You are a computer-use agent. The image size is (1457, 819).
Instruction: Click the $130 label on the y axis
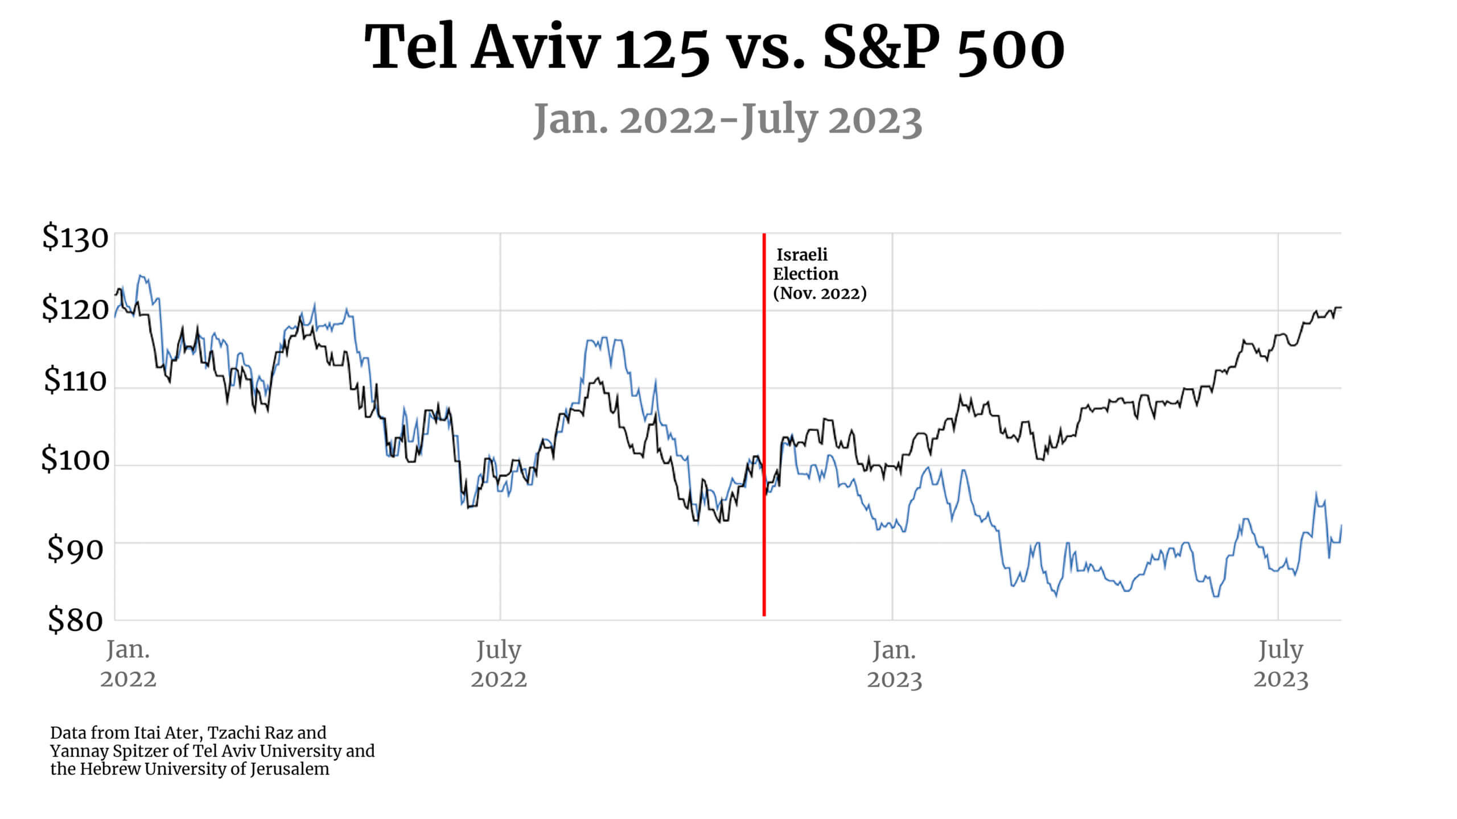pos(75,238)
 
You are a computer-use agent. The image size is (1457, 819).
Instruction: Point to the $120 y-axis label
pos(75,309)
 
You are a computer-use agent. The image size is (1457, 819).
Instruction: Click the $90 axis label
pos(75,549)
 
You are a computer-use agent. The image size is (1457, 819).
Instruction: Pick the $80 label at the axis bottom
pos(75,620)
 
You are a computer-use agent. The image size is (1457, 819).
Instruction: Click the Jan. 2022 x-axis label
pos(128,664)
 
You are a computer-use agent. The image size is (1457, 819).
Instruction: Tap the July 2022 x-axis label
pos(499,664)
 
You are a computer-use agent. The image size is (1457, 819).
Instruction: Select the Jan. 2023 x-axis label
pos(894,664)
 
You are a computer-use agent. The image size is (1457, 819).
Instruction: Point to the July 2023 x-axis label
pos(1281,664)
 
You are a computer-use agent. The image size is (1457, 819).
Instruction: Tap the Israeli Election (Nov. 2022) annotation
pos(818,274)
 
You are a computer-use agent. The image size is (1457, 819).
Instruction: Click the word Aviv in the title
pos(536,48)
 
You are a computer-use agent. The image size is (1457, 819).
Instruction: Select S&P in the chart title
pos(882,48)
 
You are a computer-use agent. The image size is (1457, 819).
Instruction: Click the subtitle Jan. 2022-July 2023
pos(727,121)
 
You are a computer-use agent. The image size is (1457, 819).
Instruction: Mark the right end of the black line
pos(1340,307)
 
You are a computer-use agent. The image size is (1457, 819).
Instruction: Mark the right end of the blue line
pos(1341,525)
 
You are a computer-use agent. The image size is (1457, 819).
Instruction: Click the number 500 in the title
pos(1011,48)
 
